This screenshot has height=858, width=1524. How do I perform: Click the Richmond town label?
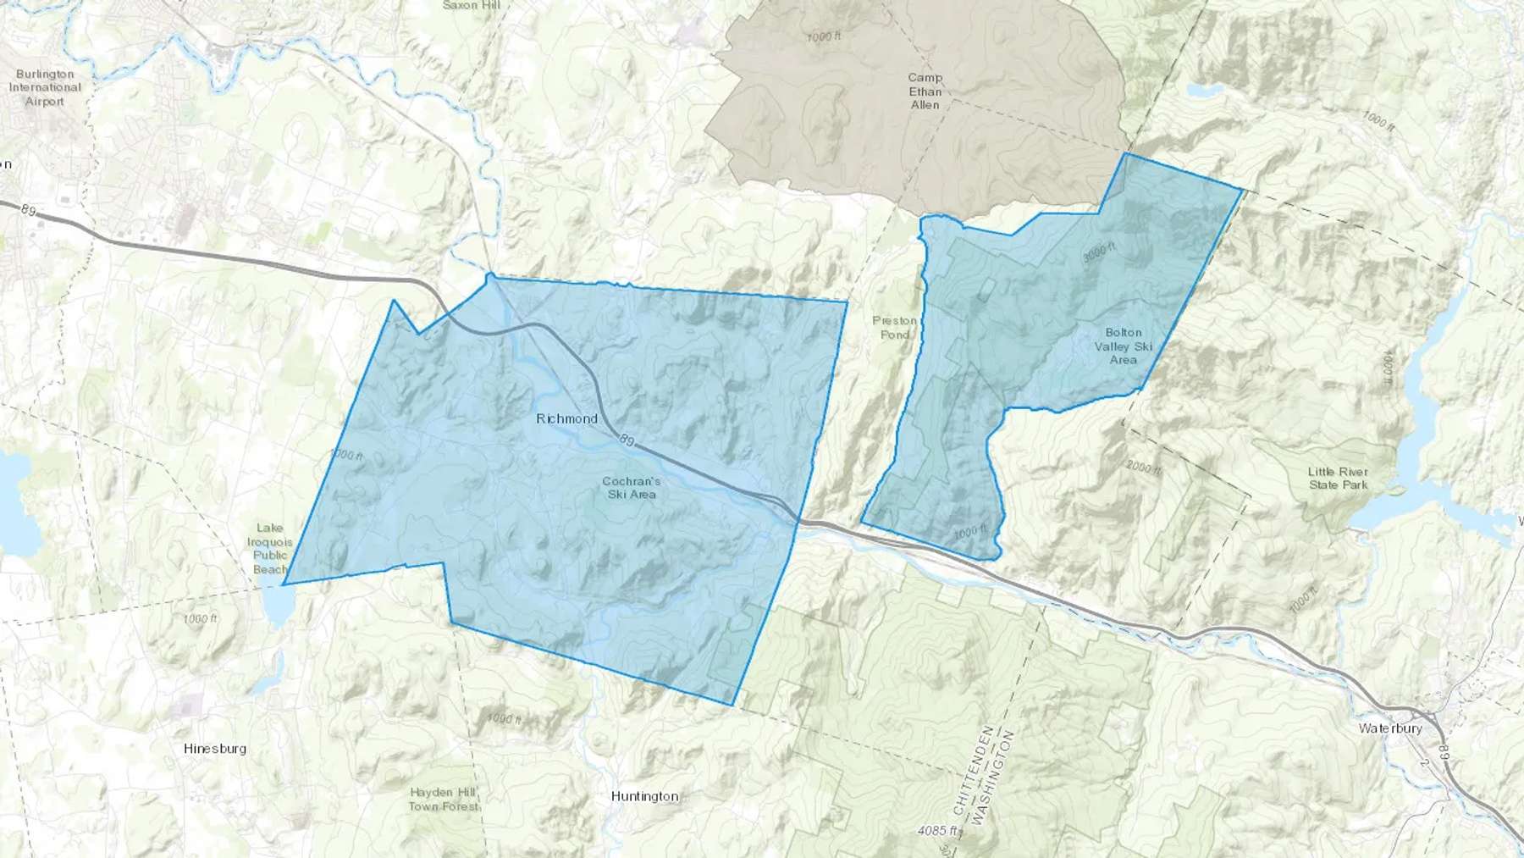566,418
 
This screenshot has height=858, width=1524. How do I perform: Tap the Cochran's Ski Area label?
632,488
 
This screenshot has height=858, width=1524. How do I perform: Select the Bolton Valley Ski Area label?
1124,346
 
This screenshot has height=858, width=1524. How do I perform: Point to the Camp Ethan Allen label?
925,91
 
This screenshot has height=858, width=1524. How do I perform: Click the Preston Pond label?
895,327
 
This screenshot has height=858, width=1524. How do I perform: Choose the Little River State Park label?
1338,478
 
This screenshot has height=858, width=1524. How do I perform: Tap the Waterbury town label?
1390,728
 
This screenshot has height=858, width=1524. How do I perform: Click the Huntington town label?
644,796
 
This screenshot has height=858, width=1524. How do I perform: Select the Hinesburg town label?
215,749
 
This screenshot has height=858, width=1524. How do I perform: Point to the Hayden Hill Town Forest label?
443,799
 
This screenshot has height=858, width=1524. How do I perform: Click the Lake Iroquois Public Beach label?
269,549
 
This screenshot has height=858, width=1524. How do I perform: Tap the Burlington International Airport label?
45,88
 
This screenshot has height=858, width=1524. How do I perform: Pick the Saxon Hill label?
472,5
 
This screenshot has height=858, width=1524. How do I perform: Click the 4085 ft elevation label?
937,831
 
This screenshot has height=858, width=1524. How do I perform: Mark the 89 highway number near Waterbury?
1444,750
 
